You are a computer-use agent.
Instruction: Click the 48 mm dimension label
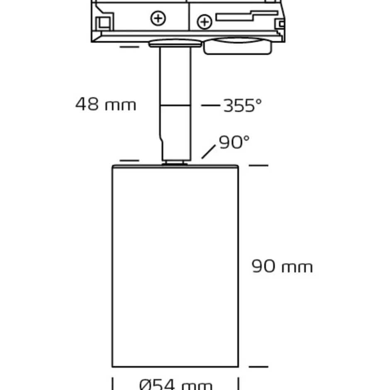coord(106,104)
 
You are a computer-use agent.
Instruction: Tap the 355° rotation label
coord(243,105)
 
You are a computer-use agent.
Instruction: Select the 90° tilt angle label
coord(234,142)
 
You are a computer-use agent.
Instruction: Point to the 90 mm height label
coord(282,266)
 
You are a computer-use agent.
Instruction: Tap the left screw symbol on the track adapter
coord(158,18)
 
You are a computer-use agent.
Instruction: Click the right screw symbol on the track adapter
coord(205,22)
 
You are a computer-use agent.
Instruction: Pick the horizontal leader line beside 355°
coord(211,105)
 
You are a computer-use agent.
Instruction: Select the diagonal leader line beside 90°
coord(208,152)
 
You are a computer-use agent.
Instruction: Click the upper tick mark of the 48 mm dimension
coord(129,47)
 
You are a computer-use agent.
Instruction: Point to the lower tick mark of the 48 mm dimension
coord(129,161)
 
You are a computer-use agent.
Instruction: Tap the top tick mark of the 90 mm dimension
coord(258,165)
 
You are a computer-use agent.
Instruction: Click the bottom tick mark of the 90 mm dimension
coord(258,367)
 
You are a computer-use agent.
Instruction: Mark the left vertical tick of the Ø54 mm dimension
coord(112,383)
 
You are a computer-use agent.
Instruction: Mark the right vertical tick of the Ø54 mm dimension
coord(239,383)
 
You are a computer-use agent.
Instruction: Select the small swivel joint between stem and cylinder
coord(175,163)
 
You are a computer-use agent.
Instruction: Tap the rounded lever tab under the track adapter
coord(238,46)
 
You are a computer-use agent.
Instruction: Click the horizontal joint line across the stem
coord(175,105)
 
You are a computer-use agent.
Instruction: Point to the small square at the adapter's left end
coord(105,23)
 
